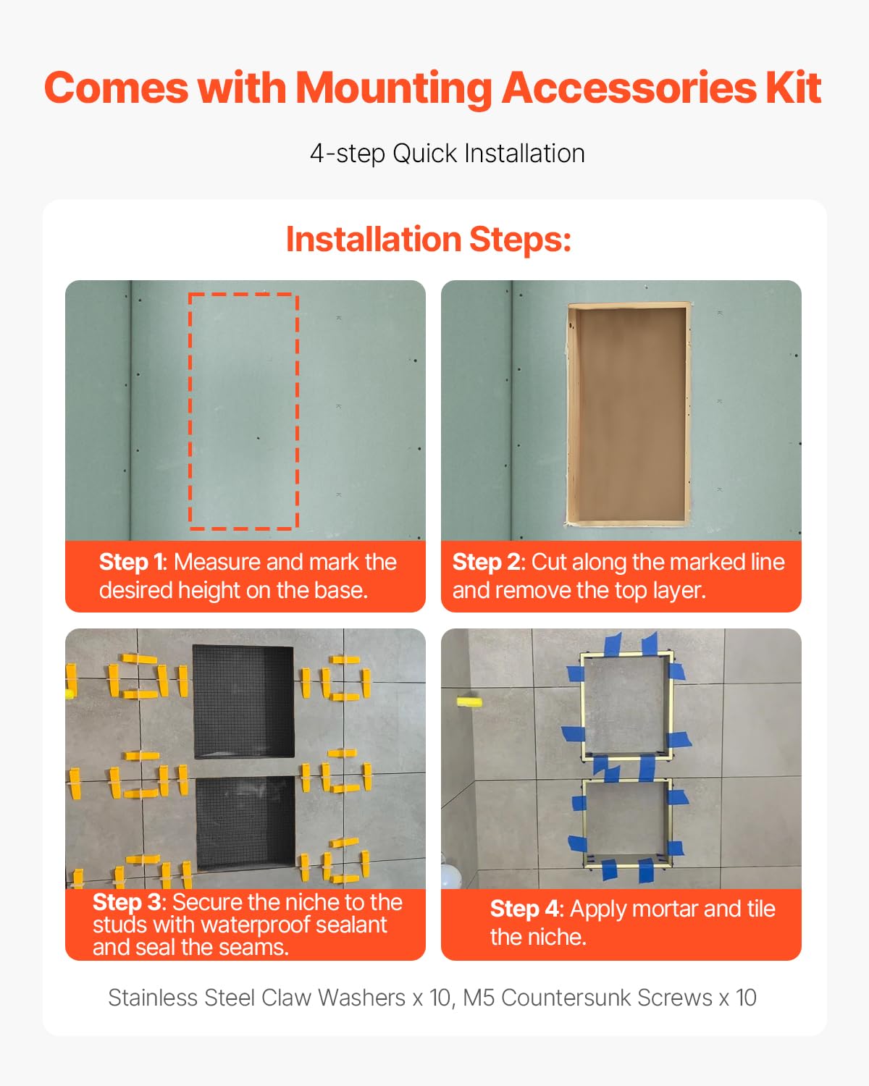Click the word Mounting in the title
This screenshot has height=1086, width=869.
pyautogui.click(x=394, y=88)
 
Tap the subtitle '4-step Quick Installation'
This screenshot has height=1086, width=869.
pyautogui.click(x=447, y=153)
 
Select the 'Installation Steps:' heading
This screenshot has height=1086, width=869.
pyautogui.click(x=429, y=239)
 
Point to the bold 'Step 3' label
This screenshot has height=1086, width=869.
pyautogui.click(x=127, y=902)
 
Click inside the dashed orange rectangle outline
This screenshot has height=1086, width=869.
pyautogui.click(x=243, y=411)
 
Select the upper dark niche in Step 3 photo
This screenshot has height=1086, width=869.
pyautogui.click(x=243, y=701)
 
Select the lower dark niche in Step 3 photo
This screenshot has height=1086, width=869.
pyautogui.click(x=245, y=822)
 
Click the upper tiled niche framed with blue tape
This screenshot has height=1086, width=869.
pyautogui.click(x=626, y=704)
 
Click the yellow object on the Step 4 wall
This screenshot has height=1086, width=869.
pyautogui.click(x=468, y=701)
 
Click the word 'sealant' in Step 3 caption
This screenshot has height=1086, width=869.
pyautogui.click(x=350, y=925)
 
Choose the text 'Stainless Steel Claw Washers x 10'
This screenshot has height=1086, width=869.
pyautogui.click(x=279, y=998)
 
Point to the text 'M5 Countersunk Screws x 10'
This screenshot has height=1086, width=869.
pyautogui.click(x=610, y=998)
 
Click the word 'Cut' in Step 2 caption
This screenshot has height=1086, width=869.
pyautogui.click(x=548, y=562)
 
